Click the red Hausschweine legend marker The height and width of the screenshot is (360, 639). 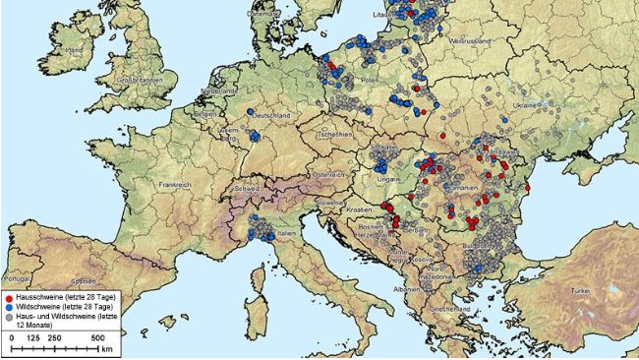pyautogui.click(x=9, y=295)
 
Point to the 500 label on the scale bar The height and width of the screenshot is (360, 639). pyautogui.click(x=99, y=337)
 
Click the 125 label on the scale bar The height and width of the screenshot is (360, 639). pyautogui.click(x=33, y=337)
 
